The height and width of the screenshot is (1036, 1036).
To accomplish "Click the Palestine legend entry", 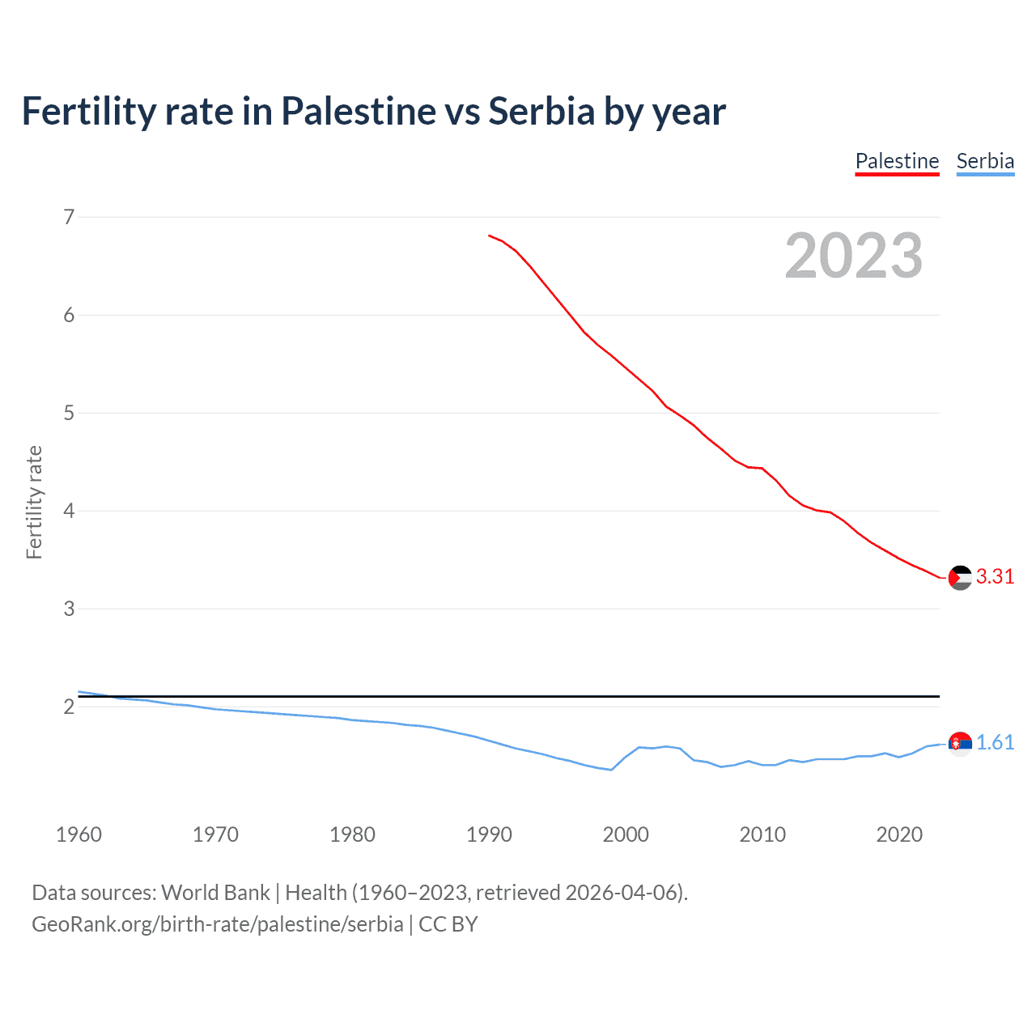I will pyautogui.click(x=897, y=161).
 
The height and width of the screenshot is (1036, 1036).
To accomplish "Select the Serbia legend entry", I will pyautogui.click(x=985, y=161).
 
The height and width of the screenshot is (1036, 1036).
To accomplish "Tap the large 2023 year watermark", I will pyautogui.click(x=853, y=256).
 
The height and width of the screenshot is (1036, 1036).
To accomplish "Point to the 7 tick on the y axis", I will pyautogui.click(x=69, y=217).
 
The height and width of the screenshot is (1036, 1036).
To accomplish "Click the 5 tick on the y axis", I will pyautogui.click(x=69, y=413).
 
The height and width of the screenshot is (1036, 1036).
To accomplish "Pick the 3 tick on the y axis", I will pyautogui.click(x=69, y=609).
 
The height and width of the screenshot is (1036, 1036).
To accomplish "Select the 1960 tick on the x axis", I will pyautogui.click(x=79, y=834).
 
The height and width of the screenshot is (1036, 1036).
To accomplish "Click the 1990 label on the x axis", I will pyautogui.click(x=489, y=834).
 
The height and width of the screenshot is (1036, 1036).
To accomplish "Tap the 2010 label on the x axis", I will pyautogui.click(x=762, y=834).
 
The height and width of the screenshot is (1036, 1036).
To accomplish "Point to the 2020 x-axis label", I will pyautogui.click(x=899, y=834).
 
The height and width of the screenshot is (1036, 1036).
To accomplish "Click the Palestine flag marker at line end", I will pyautogui.click(x=960, y=578).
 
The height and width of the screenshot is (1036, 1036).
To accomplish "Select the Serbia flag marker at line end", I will pyautogui.click(x=960, y=743).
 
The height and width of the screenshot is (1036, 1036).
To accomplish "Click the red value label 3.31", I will pyautogui.click(x=995, y=576).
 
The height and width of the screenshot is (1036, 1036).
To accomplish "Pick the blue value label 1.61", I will pyautogui.click(x=995, y=742).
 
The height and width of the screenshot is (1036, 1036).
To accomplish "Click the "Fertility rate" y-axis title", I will pyautogui.click(x=34, y=502).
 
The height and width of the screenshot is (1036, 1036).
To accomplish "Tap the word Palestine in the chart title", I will pyautogui.click(x=358, y=111).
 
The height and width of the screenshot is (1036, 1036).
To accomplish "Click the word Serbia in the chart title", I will pyautogui.click(x=541, y=111).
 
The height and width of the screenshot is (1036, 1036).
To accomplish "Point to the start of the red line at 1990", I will pyautogui.click(x=490, y=236).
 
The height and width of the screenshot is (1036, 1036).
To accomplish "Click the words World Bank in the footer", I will pyautogui.click(x=215, y=893).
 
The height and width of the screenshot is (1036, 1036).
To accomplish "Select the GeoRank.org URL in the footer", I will pyautogui.click(x=217, y=923).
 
